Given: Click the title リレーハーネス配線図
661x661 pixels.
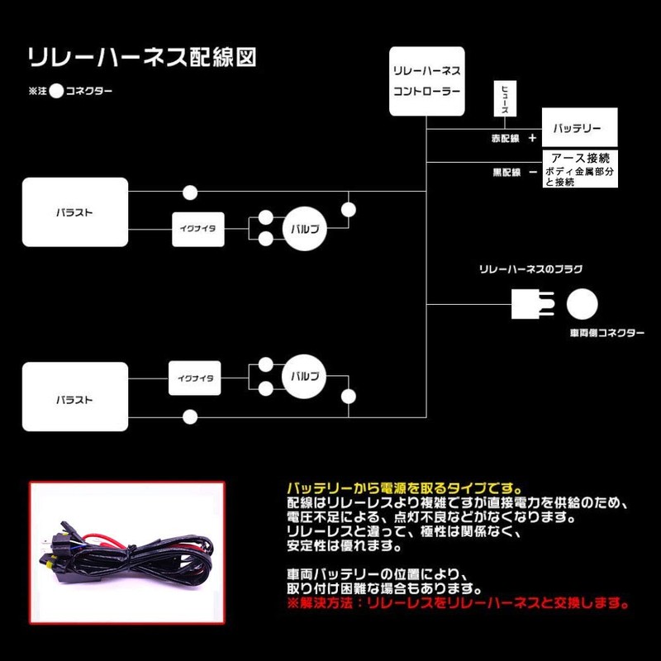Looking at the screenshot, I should [x=142, y=57].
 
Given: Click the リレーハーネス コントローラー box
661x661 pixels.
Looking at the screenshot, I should [x=425, y=80].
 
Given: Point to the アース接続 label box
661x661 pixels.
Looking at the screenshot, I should [x=578, y=157].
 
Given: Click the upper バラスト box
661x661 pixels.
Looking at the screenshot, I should [x=75, y=212].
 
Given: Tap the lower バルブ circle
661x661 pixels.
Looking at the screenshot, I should [x=303, y=376].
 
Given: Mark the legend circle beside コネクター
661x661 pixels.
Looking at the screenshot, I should [x=56, y=92].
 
